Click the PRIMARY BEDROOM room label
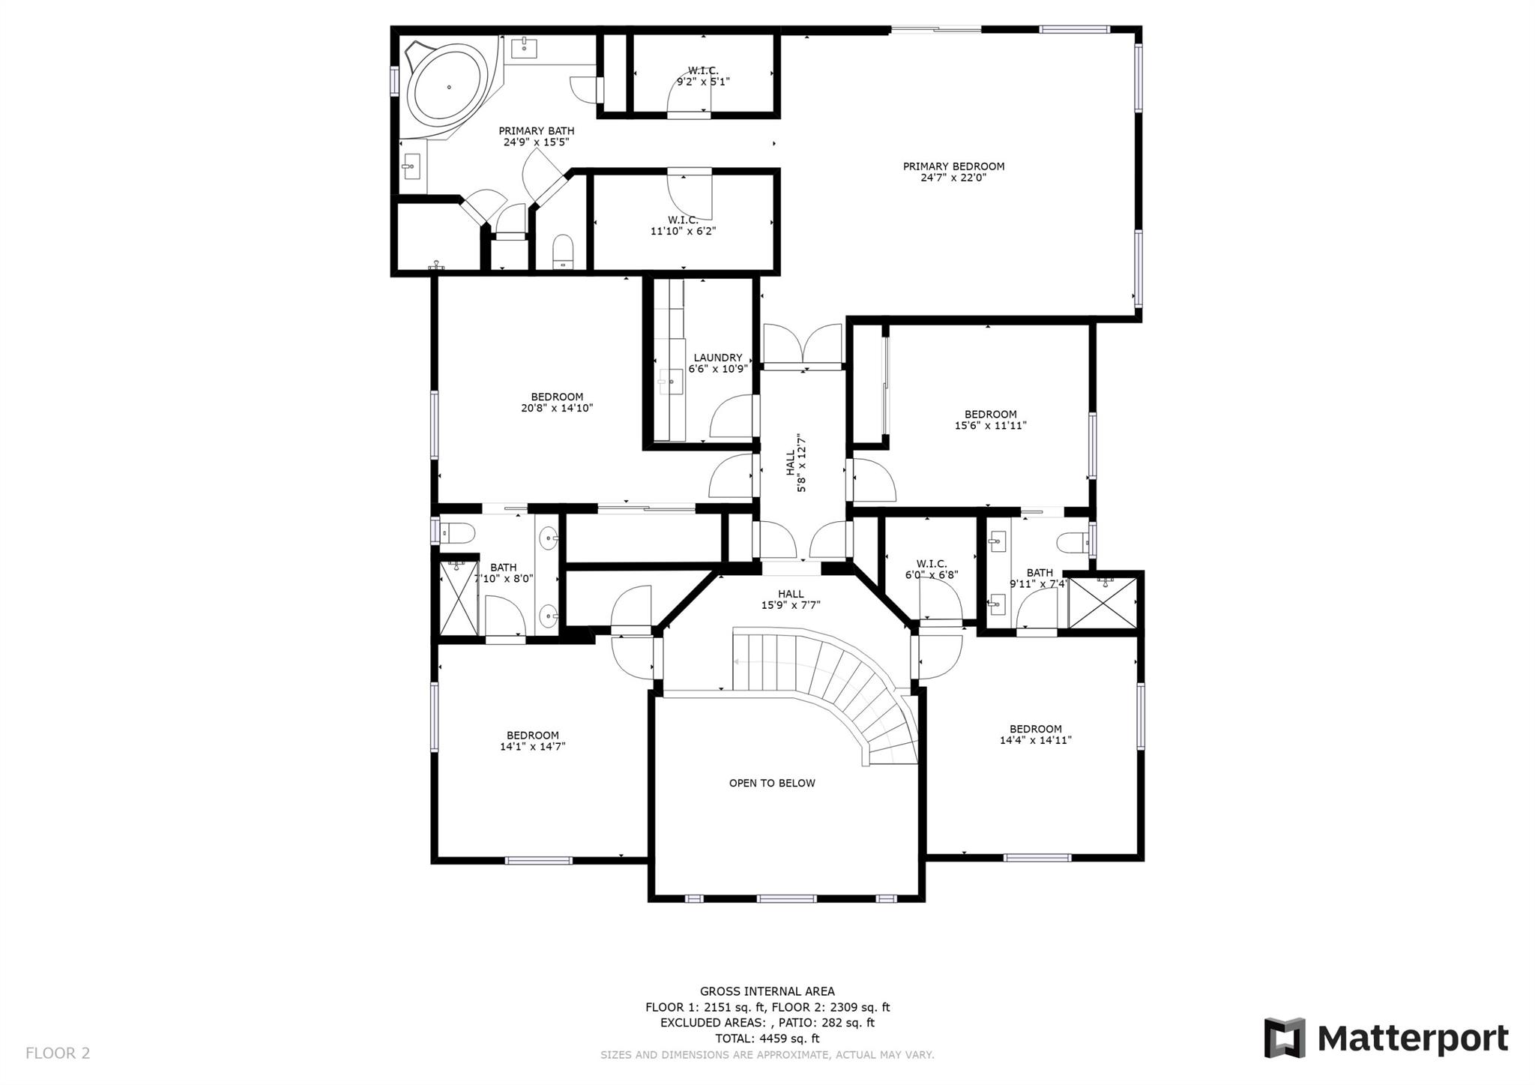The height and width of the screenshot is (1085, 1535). click(x=953, y=166)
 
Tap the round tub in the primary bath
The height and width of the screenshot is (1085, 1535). click(x=449, y=88)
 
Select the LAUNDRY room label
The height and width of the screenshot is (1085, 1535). click(x=718, y=358)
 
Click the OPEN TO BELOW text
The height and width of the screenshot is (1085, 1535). click(x=772, y=783)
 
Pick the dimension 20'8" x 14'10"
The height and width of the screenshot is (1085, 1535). click(x=557, y=409)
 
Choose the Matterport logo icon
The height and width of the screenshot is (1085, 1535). click(x=1285, y=1038)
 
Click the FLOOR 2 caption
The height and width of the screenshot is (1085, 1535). click(x=58, y=1053)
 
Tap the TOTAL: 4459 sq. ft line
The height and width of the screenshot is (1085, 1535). click(x=767, y=1039)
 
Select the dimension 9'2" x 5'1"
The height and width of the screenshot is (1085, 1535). click(x=703, y=82)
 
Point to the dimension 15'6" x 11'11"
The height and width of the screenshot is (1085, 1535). click(x=991, y=426)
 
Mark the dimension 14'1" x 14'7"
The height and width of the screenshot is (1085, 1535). click(x=533, y=747)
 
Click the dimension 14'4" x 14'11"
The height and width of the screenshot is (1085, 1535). click(x=1036, y=740)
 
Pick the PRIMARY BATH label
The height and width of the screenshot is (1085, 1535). click(x=537, y=131)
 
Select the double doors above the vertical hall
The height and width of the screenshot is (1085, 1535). click(x=803, y=346)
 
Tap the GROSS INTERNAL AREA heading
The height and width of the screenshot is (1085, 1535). click(x=767, y=991)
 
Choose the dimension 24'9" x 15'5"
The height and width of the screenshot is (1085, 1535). click(x=537, y=142)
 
